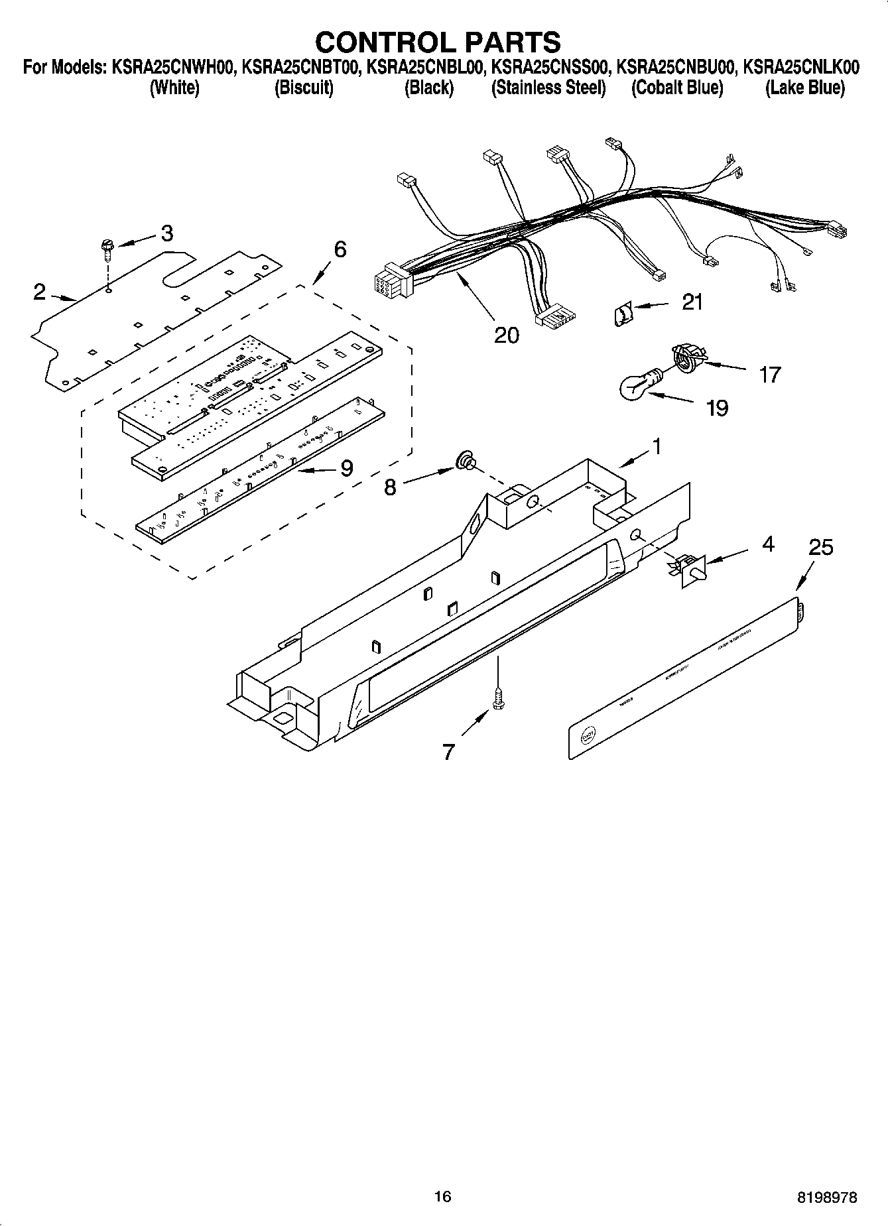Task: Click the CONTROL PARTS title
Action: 438,42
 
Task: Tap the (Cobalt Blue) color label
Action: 676,88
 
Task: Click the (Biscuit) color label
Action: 304,88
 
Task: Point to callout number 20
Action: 506,336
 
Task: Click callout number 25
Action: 820,548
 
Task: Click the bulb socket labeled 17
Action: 686,358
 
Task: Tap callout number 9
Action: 346,469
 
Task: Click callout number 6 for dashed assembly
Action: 339,250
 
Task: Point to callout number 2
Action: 40,292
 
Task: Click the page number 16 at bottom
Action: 442,1196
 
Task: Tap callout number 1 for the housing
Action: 655,447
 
